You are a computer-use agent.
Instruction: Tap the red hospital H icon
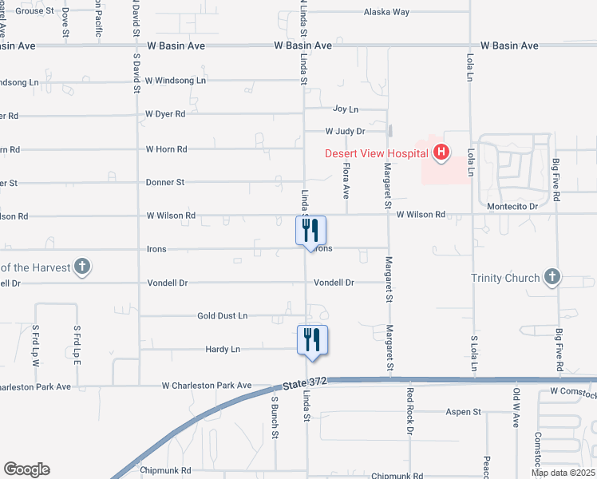tap(441, 152)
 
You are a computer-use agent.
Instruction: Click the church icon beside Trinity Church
tap(552, 277)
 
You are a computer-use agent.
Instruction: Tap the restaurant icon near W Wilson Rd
tap(310, 231)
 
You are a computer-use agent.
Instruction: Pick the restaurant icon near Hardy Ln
tap(310, 339)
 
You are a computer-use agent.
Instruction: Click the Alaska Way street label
tap(386, 12)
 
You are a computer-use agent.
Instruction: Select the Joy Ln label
tap(345, 109)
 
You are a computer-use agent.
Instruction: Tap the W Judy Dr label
tap(345, 131)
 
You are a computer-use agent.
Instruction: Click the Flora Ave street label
tap(346, 182)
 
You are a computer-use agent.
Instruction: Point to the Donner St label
tap(165, 182)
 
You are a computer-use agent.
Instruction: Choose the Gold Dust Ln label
tap(223, 316)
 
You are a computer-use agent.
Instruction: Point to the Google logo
tap(26, 469)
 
